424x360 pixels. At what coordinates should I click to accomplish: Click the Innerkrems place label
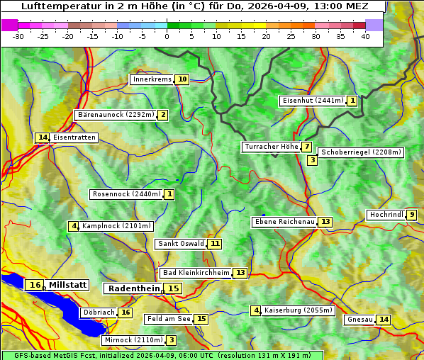(152, 79)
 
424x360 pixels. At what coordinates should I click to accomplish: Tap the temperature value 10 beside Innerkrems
(182, 79)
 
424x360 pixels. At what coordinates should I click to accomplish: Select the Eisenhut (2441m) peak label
(313, 101)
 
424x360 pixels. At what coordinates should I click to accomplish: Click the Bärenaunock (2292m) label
(115, 115)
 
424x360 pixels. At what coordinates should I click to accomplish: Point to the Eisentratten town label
(74, 137)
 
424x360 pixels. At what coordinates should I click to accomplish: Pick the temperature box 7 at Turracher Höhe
(306, 147)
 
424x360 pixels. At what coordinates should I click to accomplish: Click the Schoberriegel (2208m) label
(361, 152)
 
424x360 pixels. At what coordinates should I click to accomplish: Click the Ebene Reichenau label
(284, 222)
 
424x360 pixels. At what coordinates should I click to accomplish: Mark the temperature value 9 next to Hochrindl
(412, 215)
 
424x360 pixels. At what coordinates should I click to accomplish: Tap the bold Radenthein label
(134, 288)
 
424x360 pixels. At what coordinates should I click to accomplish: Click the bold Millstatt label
(67, 285)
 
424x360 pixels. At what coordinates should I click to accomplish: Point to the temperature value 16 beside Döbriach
(125, 313)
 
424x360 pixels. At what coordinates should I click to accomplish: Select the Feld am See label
(169, 319)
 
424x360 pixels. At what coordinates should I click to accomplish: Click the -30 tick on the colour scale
(18, 36)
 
